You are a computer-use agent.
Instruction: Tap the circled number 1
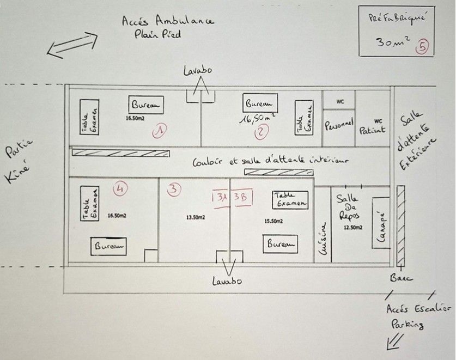[x=160, y=130]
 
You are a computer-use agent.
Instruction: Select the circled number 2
[x=263, y=131]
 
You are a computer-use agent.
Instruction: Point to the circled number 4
[x=120, y=188]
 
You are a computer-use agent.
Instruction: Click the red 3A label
[x=221, y=197]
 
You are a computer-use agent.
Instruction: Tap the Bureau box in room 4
[x=108, y=246]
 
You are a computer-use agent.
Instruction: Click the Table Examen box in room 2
[x=305, y=118]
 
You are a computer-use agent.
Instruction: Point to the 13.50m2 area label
[x=196, y=217]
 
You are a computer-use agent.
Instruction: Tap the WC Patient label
[x=373, y=127]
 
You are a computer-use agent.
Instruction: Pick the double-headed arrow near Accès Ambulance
[x=72, y=45]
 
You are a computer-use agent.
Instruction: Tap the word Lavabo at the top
[x=198, y=71]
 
